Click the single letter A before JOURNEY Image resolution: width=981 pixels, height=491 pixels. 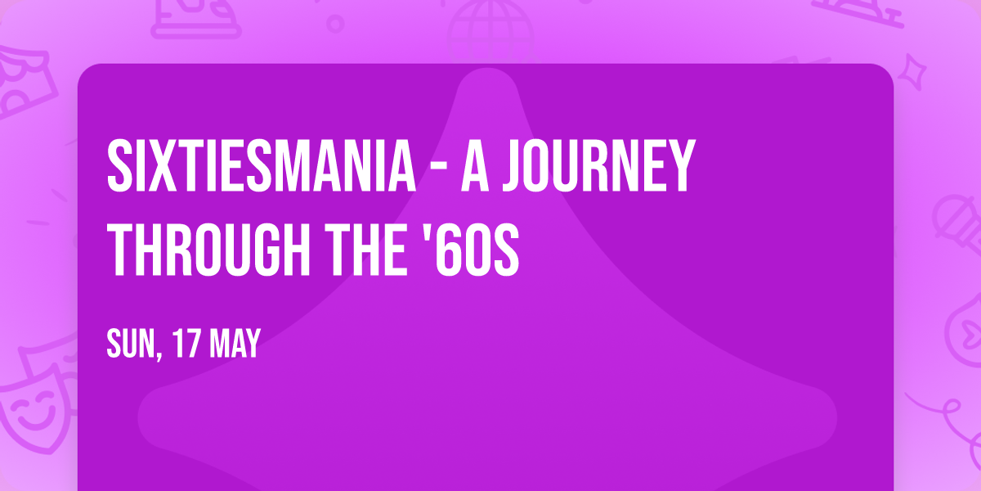[477, 167]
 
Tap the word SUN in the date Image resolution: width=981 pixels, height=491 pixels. [129, 344]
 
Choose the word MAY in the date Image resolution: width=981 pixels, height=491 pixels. [234, 344]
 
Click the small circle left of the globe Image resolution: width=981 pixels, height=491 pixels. [335, 22]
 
